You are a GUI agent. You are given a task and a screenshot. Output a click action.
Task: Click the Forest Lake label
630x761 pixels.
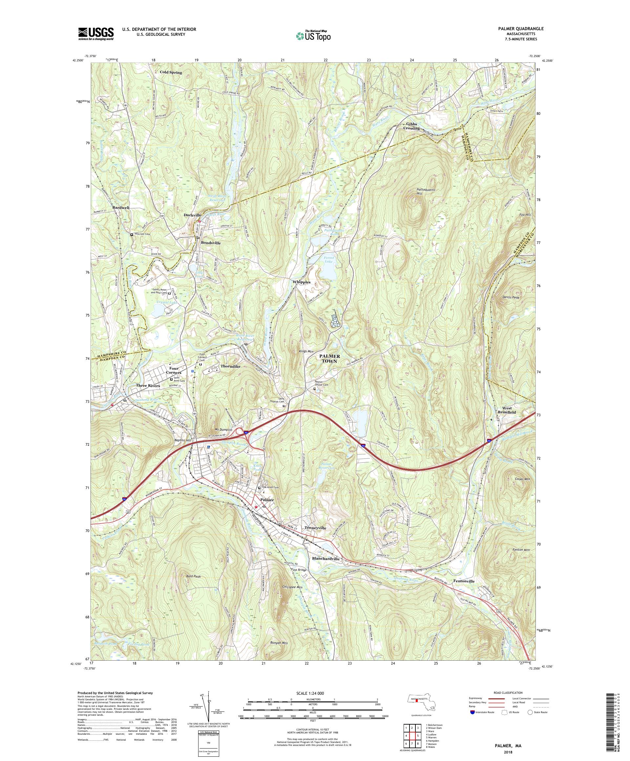329,259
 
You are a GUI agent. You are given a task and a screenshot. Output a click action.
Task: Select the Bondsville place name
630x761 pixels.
210,242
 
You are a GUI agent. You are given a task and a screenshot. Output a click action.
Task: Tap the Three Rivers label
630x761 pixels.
148,385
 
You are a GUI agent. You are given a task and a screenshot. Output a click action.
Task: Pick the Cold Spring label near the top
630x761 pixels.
171,72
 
